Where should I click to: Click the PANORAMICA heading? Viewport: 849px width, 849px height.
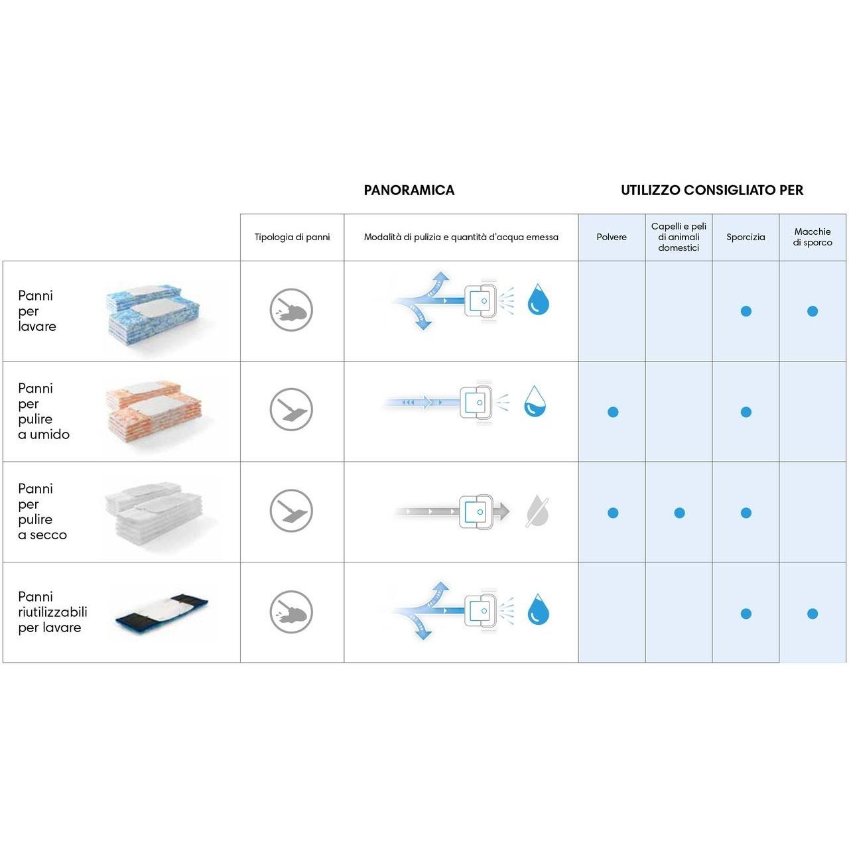click(409, 190)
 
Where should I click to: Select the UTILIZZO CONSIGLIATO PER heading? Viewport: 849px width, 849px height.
click(712, 190)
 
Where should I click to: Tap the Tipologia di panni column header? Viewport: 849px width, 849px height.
click(292, 237)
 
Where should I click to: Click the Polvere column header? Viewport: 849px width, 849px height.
click(611, 237)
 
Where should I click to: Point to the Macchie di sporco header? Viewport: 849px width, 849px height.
click(812, 237)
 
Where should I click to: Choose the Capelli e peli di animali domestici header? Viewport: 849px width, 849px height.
click(678, 237)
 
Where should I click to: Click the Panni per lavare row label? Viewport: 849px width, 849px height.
click(37, 311)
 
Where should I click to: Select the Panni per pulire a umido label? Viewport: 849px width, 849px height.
click(44, 411)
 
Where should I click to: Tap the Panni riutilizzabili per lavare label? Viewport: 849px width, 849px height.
click(52, 612)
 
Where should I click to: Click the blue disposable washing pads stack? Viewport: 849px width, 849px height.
click(153, 314)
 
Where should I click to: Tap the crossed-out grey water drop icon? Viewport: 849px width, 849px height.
click(537, 511)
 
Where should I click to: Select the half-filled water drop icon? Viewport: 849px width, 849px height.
click(535, 401)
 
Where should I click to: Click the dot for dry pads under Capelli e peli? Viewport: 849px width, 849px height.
click(679, 513)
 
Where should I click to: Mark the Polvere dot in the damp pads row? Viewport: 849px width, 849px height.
click(613, 412)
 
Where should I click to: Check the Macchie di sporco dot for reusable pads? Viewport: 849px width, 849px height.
click(813, 614)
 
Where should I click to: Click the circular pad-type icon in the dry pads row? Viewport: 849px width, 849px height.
click(291, 511)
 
